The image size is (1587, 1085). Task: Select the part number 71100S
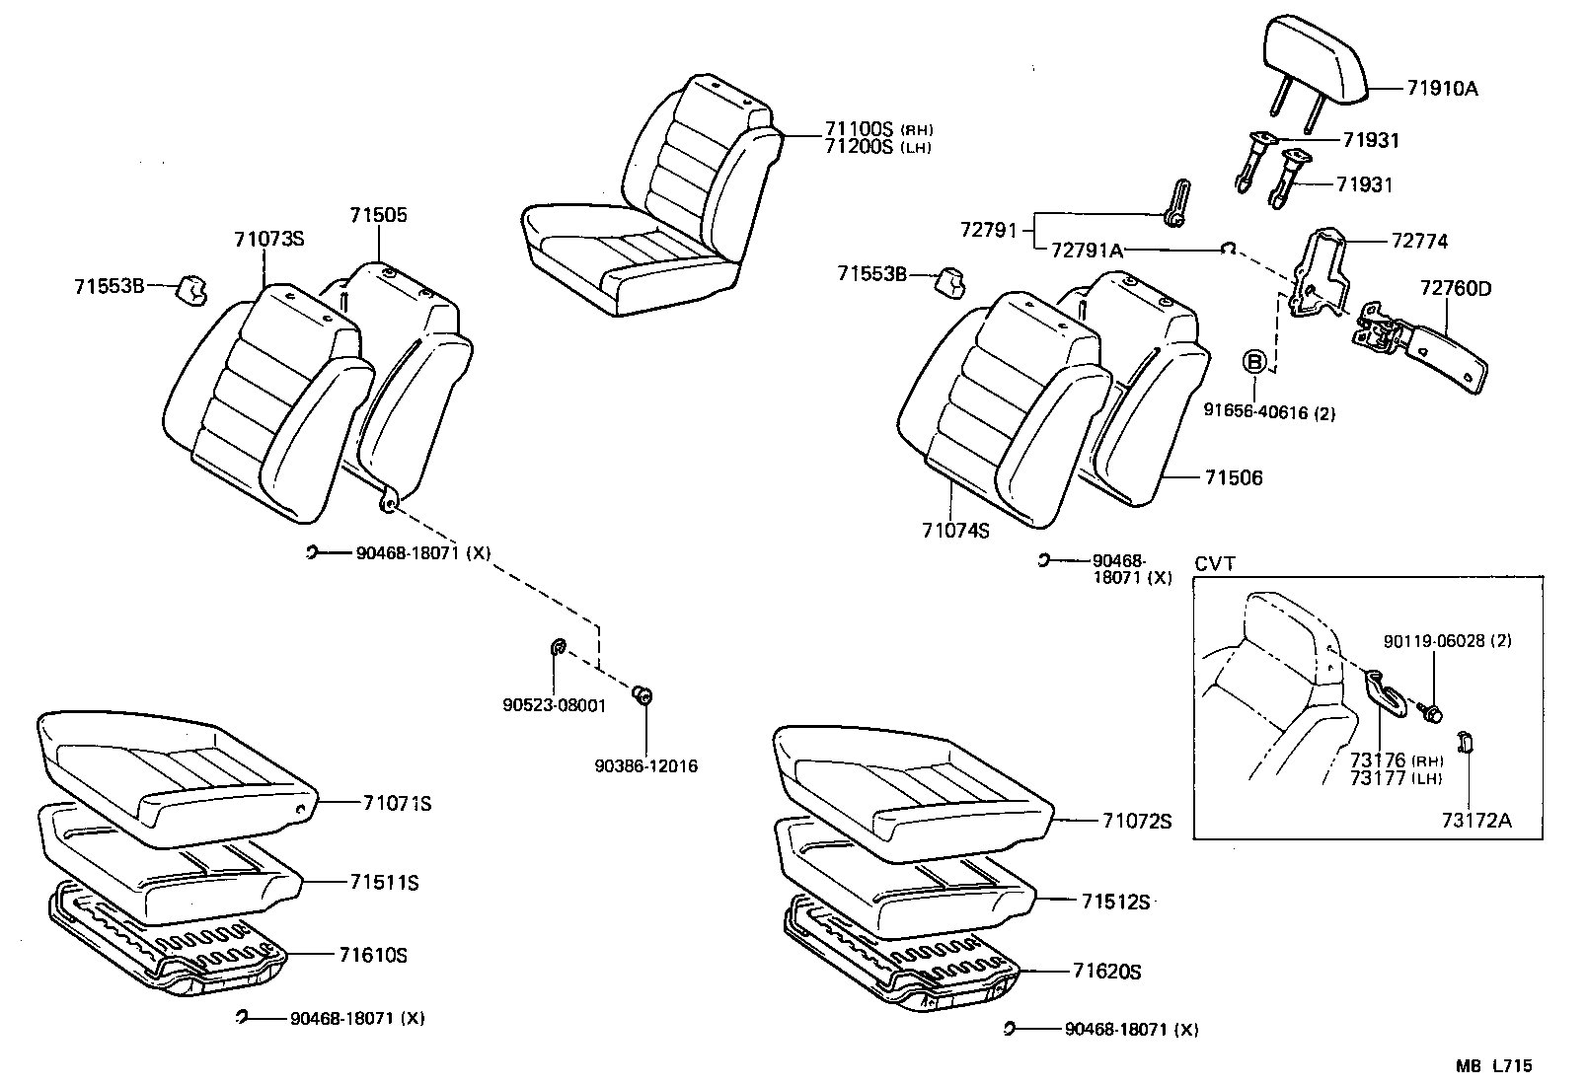pos(857,129)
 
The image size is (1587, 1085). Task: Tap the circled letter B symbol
pos(1254,362)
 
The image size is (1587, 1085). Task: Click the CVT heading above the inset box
pos(1215,564)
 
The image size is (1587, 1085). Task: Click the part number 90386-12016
pos(646,765)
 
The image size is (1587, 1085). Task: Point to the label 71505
pos(377,215)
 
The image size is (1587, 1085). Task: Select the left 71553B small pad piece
pos(190,288)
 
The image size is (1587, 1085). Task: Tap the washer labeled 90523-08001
pos(555,648)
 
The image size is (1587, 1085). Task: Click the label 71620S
pos(1106,972)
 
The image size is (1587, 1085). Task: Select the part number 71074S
pos(955,531)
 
